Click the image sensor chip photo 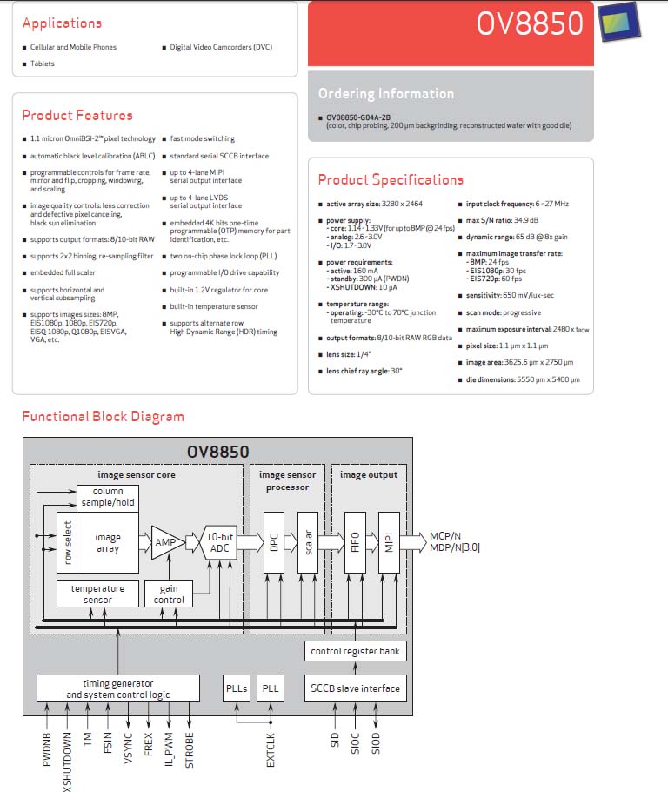(x=619, y=22)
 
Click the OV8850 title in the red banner (x=530, y=23)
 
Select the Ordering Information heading (x=386, y=93)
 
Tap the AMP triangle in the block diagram (x=168, y=542)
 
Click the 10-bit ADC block (x=219, y=542)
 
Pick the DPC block (x=274, y=542)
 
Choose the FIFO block (x=355, y=542)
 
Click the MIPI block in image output (x=389, y=542)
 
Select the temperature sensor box (x=97, y=594)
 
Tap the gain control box (x=169, y=594)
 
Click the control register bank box (x=356, y=651)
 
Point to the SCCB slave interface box (x=356, y=688)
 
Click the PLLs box (x=237, y=688)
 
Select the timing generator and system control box (x=118, y=688)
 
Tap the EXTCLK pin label (x=271, y=750)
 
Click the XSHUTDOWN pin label (x=67, y=762)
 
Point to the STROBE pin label (x=190, y=750)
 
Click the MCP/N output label (x=445, y=536)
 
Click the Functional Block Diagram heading (x=103, y=416)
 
